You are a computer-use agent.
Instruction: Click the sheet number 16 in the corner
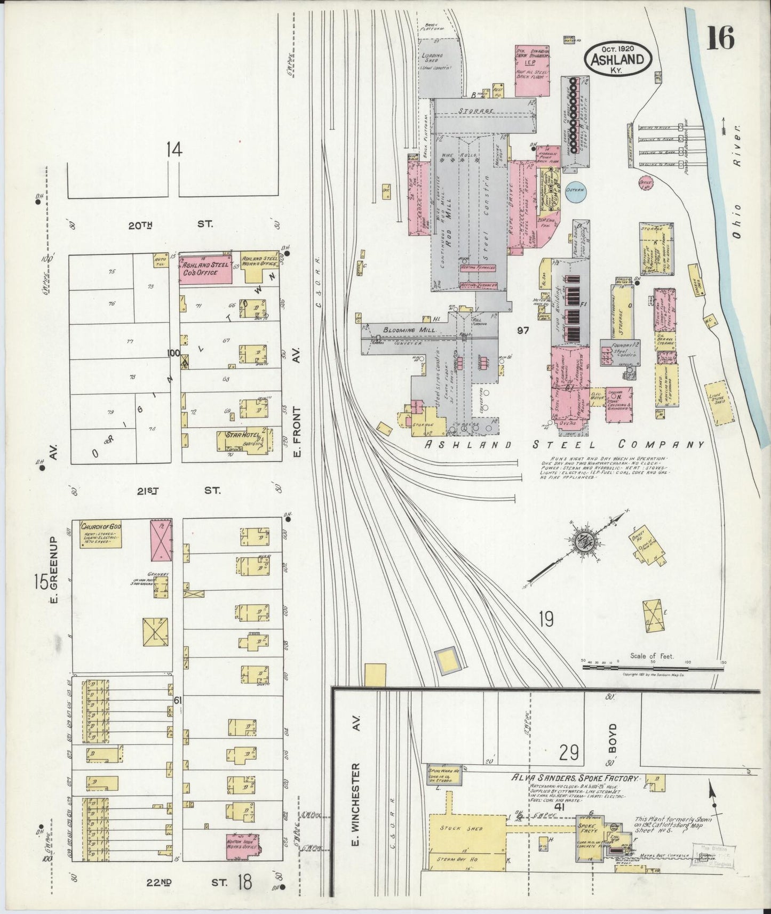click(x=720, y=39)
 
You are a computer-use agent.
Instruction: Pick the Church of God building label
click(x=102, y=527)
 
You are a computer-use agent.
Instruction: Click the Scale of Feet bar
click(x=651, y=666)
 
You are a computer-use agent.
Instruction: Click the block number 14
click(x=174, y=149)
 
